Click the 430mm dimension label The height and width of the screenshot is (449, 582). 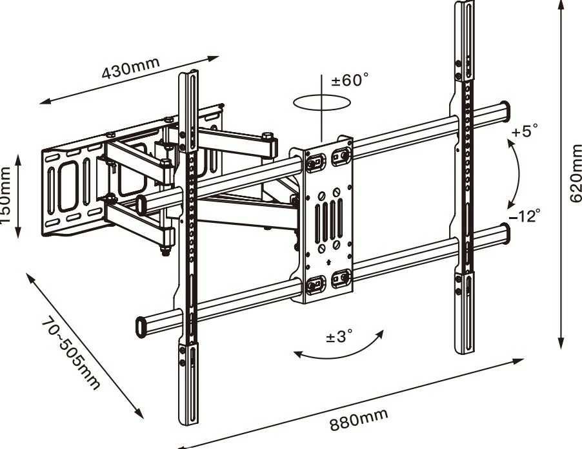tap(130, 68)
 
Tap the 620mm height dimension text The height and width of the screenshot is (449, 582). tap(575, 172)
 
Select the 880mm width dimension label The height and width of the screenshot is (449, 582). tap(359, 419)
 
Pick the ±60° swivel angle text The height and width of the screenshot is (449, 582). tap(350, 81)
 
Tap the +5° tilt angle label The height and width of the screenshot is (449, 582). tap(524, 131)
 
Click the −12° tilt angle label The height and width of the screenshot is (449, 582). tap(524, 216)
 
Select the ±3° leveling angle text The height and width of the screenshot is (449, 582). tap(339, 337)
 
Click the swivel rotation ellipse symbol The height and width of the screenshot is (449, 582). tap(321, 102)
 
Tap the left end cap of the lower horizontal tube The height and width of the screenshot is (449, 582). tap(141, 325)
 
